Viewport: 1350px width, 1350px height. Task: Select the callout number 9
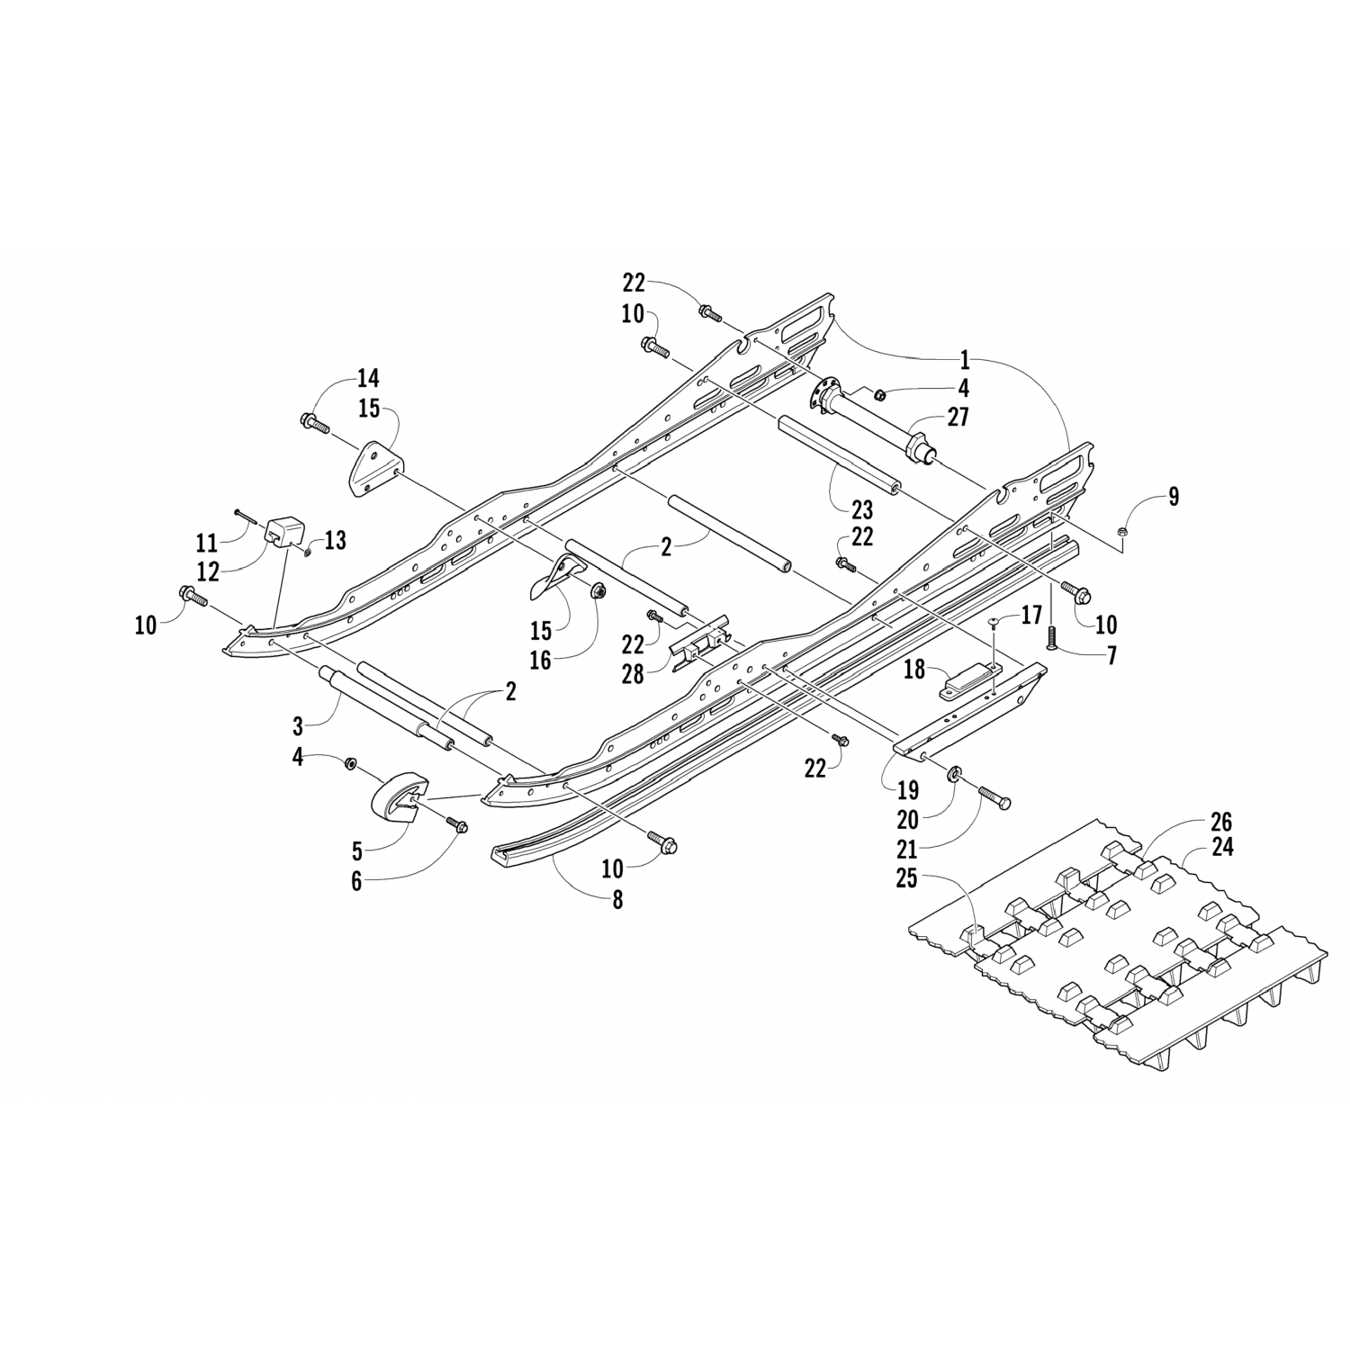(1173, 497)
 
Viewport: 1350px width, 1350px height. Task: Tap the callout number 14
(343, 377)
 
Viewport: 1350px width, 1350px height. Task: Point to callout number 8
(617, 899)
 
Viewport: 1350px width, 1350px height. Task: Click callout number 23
(862, 510)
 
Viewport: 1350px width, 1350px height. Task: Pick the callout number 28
(633, 674)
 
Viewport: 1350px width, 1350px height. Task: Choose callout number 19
(908, 790)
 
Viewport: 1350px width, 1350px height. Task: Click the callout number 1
(965, 361)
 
